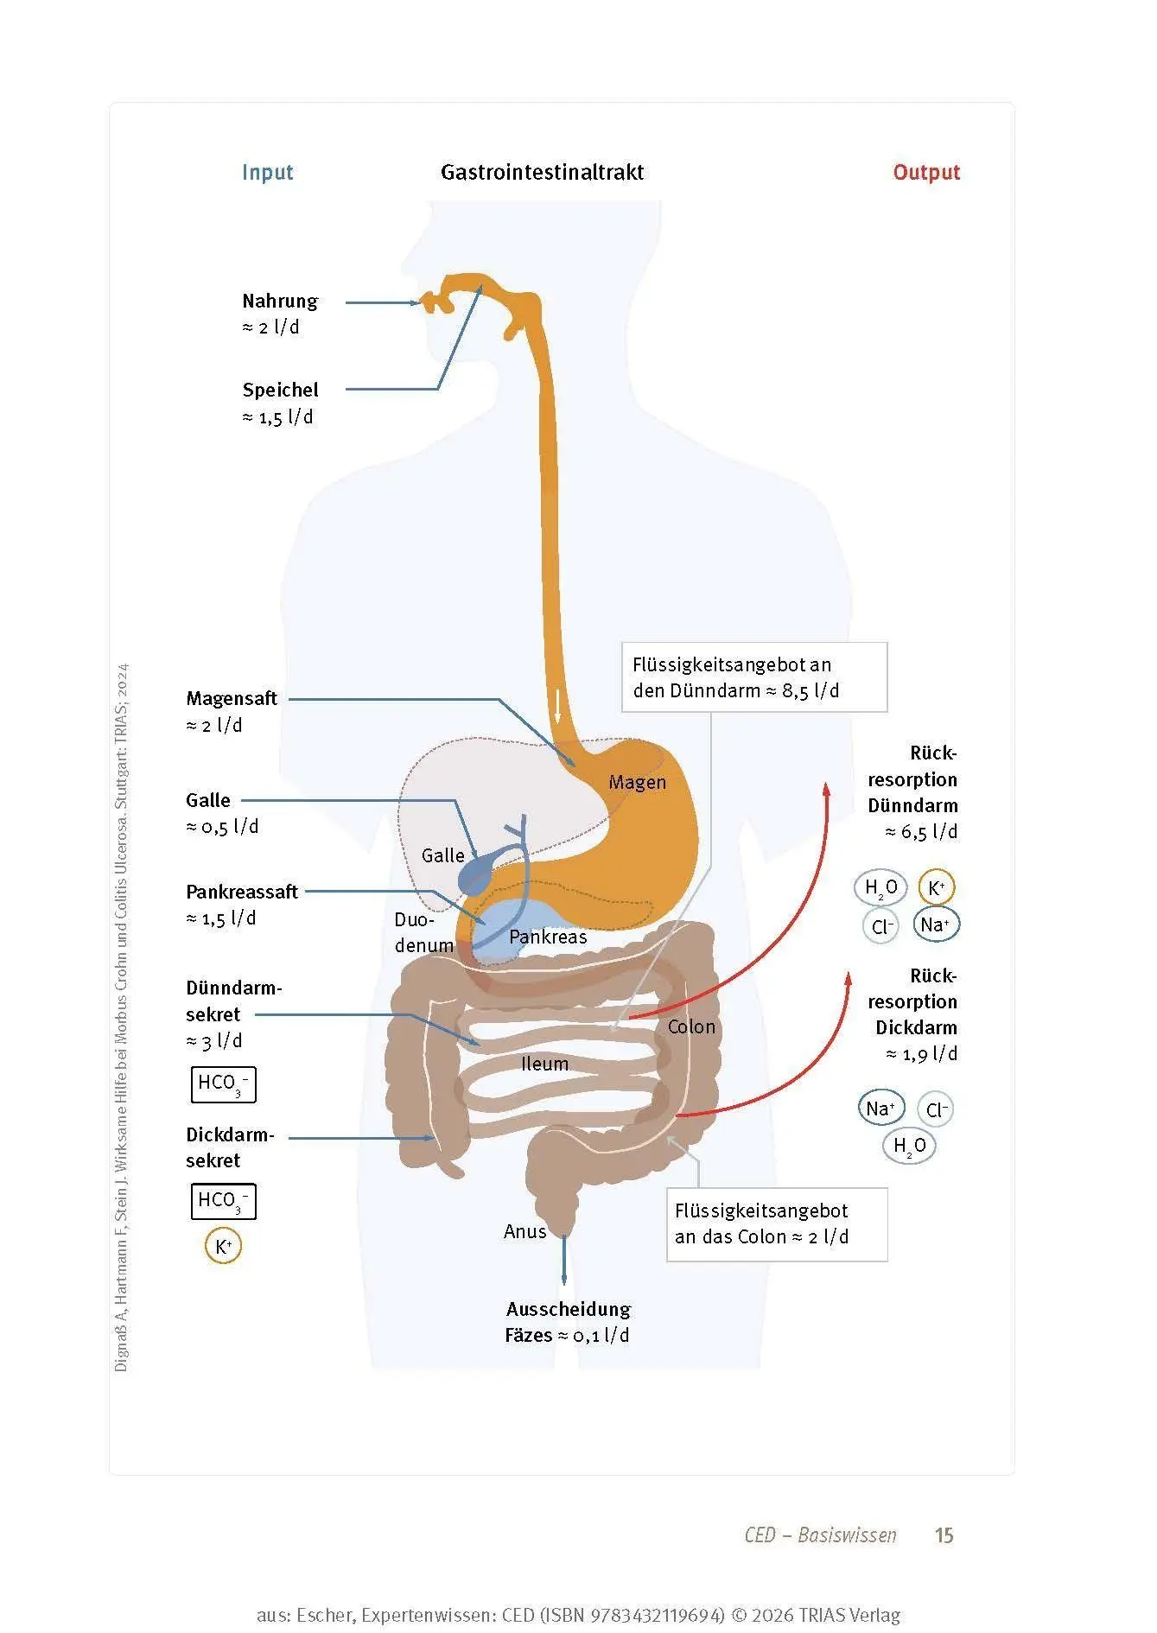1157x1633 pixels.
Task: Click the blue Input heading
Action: (267, 172)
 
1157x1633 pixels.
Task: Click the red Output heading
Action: (926, 172)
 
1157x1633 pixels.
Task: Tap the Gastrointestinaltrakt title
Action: (542, 172)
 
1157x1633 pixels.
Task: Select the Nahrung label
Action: (280, 301)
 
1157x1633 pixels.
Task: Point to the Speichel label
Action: (280, 390)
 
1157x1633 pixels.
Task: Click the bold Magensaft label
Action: (232, 698)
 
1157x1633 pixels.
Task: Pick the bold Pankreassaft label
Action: (242, 892)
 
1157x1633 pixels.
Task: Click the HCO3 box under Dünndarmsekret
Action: (223, 1084)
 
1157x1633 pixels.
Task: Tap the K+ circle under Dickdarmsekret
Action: (223, 1247)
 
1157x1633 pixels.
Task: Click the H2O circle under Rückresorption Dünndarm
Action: (881, 887)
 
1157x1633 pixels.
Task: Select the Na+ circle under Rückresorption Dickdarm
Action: (881, 1108)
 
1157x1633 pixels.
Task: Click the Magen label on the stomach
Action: (637, 782)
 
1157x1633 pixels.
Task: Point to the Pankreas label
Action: (548, 937)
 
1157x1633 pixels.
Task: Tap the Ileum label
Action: (544, 1064)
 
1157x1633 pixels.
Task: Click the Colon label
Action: (691, 1026)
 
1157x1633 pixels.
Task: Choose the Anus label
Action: (525, 1231)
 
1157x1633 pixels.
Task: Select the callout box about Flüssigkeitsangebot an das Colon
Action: (777, 1224)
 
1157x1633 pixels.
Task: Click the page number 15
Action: (944, 1535)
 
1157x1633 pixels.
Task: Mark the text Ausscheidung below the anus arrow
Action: (569, 1309)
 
